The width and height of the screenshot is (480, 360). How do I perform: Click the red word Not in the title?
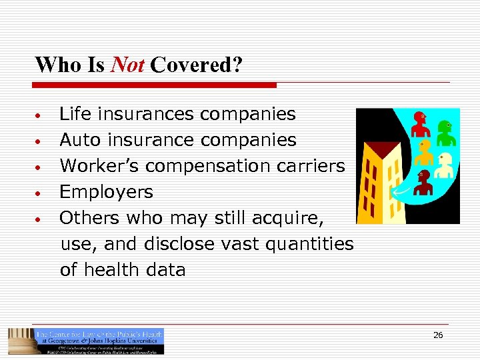click(127, 65)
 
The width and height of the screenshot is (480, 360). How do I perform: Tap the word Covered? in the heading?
click(197, 65)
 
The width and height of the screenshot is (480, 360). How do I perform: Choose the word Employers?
click(106, 192)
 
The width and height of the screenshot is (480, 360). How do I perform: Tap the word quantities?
click(309, 244)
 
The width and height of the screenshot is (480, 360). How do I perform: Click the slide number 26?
click(438, 335)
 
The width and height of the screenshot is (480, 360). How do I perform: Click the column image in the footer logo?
click(19, 341)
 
